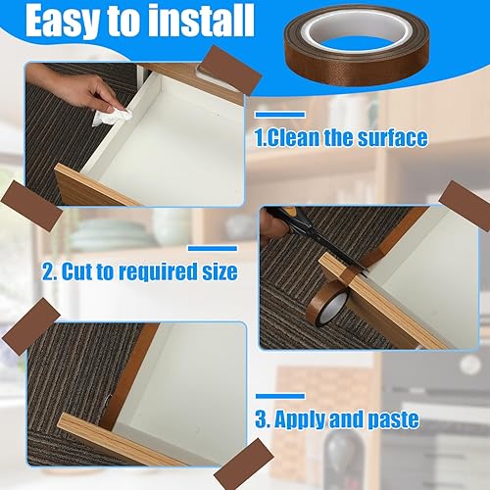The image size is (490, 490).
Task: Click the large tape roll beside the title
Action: [x=357, y=45]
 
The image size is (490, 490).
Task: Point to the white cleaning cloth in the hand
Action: [x=112, y=117]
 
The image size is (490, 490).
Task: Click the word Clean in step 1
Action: [x=293, y=138]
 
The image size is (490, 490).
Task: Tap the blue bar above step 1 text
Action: [x=280, y=115]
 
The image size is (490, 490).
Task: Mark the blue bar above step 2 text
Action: [x=213, y=249]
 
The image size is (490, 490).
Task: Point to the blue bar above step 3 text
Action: [x=280, y=396]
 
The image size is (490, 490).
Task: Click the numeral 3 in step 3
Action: [x=261, y=418]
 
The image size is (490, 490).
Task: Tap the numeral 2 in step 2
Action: [x=47, y=271]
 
